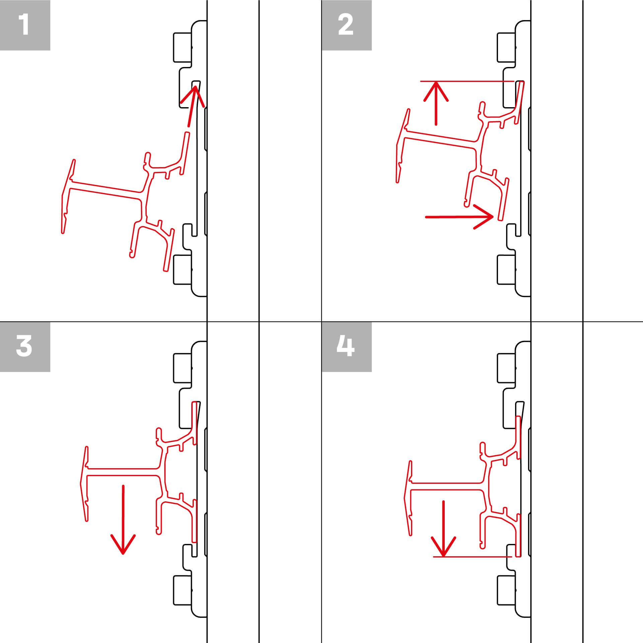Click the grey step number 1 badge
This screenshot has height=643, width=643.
tap(25, 25)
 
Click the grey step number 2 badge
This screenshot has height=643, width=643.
tap(346, 25)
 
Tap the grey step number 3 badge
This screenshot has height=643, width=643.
tap(25, 347)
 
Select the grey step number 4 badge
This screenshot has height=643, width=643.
tap(346, 347)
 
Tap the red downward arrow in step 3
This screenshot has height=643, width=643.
tap(123, 519)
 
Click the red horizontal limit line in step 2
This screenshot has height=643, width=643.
tap(469, 81)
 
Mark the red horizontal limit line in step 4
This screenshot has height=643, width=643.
tap(472, 557)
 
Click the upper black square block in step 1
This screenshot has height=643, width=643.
tap(183, 47)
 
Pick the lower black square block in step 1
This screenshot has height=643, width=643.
tap(183, 270)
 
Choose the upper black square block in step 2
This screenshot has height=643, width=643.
tap(506, 47)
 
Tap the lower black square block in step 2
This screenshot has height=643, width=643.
tap(506, 270)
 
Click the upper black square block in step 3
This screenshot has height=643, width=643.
tap(183, 368)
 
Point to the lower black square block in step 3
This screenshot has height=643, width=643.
tap(183, 591)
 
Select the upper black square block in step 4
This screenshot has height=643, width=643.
tap(506, 368)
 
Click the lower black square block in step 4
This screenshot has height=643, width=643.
tap(506, 591)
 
